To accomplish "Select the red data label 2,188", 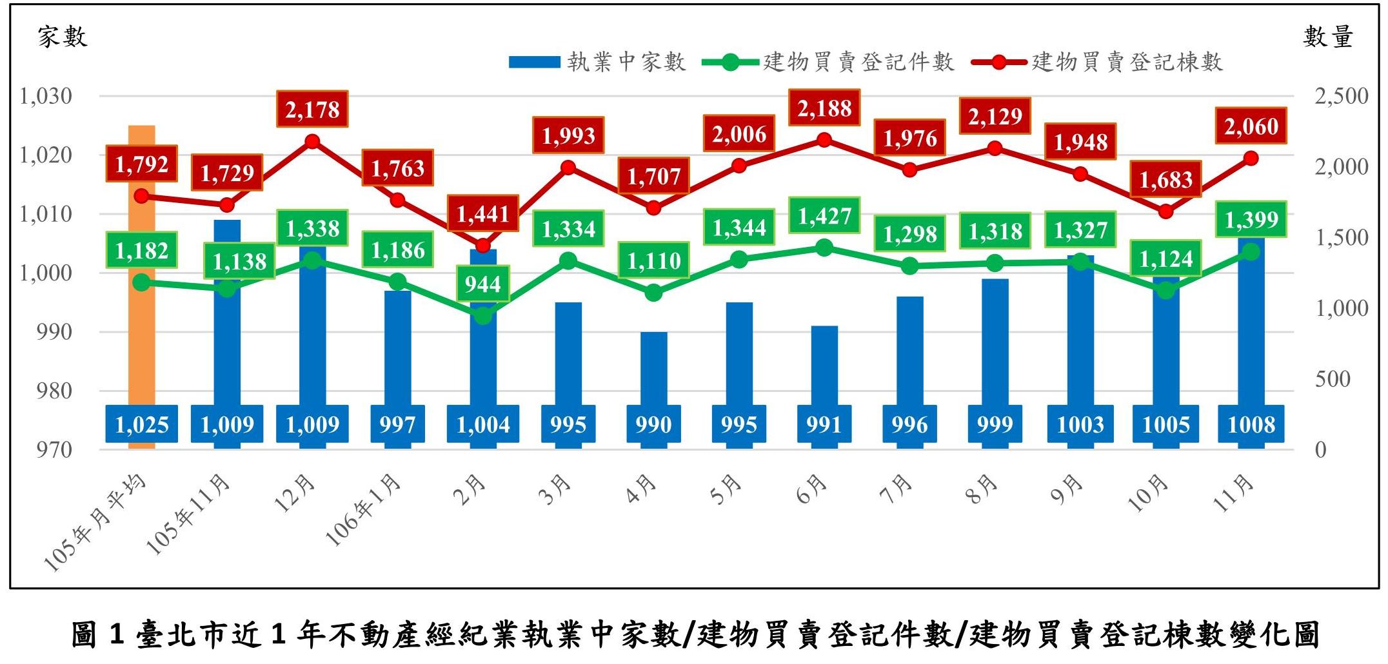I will [824, 108].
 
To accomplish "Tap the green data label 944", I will [482, 284].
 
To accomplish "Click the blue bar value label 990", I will [653, 424].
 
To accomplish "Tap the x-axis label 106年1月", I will [365, 509].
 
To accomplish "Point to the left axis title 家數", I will [62, 37].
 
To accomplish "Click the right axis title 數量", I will [1327, 37].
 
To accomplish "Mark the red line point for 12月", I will [312, 141].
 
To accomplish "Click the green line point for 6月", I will [824, 248].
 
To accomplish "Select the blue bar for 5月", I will [739, 355].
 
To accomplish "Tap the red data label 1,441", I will [482, 213].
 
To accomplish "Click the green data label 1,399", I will [1251, 220].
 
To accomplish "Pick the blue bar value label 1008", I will [1251, 424].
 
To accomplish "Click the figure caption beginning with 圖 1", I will [694, 634].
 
